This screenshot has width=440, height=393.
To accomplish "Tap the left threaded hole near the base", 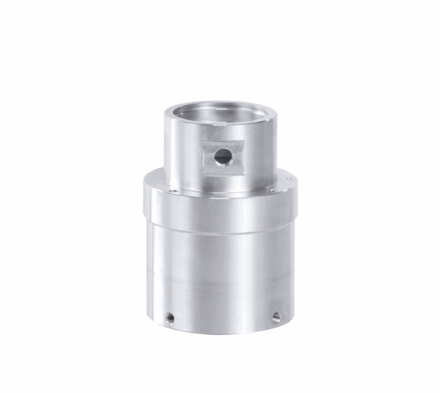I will coord(169,317).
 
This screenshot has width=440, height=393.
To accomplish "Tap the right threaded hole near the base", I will coord(276,317).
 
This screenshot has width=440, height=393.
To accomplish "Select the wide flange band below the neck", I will coord(220,202).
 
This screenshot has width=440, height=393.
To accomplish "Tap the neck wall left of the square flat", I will coord(182,151).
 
